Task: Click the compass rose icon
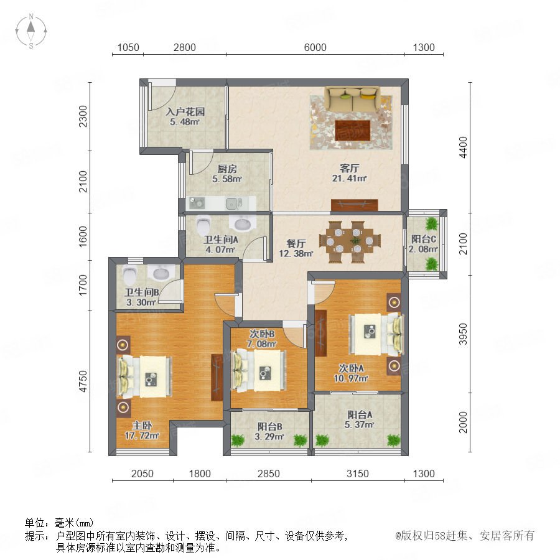coord(31,30)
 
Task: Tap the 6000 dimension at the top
coord(315,47)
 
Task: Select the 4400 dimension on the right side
coord(463,147)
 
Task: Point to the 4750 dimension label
coord(83,381)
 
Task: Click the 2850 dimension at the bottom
coord(269,474)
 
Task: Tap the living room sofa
coord(352,99)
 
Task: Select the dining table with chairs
coord(350,242)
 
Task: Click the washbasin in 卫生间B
coord(161,273)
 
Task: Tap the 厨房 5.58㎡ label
coord(227,174)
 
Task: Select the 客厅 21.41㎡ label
coord(349,173)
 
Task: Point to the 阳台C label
coord(424,239)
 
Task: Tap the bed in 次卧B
coord(259,370)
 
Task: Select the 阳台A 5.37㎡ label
coord(359,419)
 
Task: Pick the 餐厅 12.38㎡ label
coord(296,248)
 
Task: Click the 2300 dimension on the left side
coord(83,116)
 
